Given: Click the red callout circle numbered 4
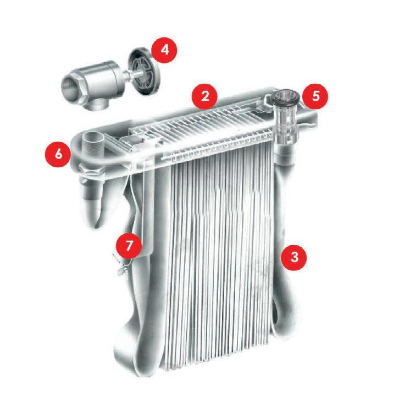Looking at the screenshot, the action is [x=164, y=50].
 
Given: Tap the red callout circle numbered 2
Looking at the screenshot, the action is [x=205, y=96].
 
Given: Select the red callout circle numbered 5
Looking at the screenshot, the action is [x=315, y=96].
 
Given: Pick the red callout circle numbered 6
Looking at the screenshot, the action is [x=58, y=154].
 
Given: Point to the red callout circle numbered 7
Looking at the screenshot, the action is [x=129, y=246].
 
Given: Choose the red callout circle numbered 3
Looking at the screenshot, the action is [x=294, y=257].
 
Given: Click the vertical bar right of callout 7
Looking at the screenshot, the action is [x=148, y=210].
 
